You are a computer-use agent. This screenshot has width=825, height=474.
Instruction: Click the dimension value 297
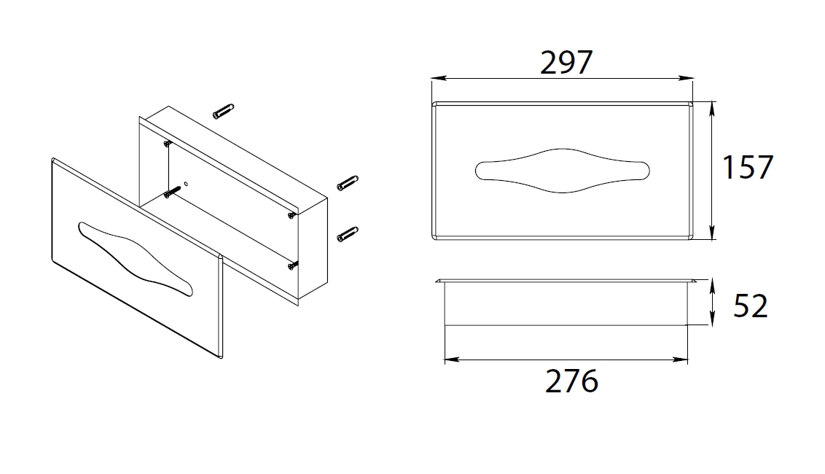[x=566, y=62]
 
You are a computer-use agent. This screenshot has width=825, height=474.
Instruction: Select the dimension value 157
[x=748, y=167]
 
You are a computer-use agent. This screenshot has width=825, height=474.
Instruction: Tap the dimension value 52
[x=751, y=306]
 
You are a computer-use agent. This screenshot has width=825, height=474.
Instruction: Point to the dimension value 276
[x=572, y=381]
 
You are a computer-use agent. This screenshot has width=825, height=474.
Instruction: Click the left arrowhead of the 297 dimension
[x=439, y=79]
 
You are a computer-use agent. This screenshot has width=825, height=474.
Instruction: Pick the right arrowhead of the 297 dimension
[x=686, y=79]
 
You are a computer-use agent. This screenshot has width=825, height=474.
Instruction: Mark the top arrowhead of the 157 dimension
[x=712, y=109]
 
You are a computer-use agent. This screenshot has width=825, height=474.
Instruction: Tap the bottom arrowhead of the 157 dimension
[x=712, y=233]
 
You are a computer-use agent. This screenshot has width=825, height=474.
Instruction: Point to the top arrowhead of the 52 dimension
[x=712, y=287]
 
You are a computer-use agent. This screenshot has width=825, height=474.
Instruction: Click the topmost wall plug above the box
[x=223, y=111]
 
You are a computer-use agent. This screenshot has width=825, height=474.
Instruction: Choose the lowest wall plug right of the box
[x=348, y=234]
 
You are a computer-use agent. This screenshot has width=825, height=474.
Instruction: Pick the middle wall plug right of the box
[x=348, y=183]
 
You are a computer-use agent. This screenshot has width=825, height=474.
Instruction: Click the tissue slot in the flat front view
[x=563, y=171]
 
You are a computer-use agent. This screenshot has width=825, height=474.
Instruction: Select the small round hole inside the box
[x=186, y=184]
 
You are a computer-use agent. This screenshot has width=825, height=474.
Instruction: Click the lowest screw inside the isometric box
[x=293, y=266]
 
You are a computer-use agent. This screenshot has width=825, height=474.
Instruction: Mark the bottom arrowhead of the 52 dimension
[x=712, y=318]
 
